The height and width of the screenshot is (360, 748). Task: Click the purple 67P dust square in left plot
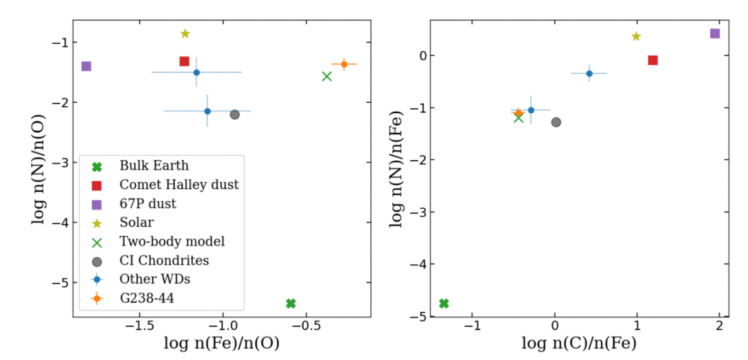click(86, 66)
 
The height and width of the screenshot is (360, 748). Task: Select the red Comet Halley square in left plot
click(184, 61)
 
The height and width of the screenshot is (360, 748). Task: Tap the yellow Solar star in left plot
click(185, 34)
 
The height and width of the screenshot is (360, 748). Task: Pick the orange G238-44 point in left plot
click(344, 64)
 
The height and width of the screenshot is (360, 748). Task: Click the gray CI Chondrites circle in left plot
click(234, 115)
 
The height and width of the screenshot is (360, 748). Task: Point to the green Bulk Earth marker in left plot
click(291, 303)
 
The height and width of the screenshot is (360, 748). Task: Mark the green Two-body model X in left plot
click(327, 76)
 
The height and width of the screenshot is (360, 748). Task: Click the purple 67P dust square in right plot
click(714, 34)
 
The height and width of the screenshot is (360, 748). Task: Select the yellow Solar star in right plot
click(636, 37)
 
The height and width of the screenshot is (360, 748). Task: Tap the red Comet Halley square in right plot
click(652, 60)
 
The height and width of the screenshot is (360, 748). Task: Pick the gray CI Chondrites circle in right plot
click(556, 122)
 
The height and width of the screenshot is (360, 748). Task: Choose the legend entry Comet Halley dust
click(179, 184)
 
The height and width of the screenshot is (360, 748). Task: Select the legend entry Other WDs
click(154, 279)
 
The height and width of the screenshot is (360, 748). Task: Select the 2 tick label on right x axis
click(720, 325)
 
